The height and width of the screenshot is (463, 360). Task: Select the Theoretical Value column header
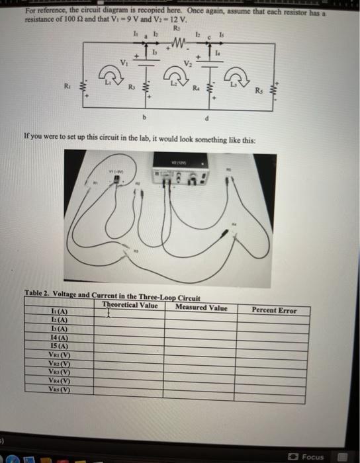click(130, 305)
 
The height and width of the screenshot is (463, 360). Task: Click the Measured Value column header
click(201, 308)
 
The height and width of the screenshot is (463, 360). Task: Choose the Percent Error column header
click(274, 310)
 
